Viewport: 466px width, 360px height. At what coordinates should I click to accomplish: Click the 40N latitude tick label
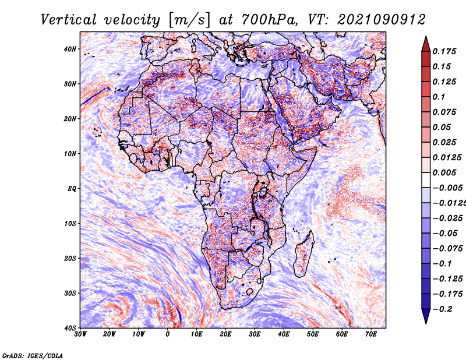[x=70, y=49]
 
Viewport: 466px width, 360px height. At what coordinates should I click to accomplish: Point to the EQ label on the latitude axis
[x=72, y=189]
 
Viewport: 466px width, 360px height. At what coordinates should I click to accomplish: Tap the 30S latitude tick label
[x=70, y=293]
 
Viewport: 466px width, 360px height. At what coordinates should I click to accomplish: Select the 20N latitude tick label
[x=70, y=119]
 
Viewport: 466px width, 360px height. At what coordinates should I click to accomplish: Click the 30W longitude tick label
[x=80, y=334]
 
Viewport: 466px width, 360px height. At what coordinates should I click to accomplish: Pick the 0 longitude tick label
[x=168, y=334]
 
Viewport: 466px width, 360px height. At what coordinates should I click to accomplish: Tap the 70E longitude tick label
[x=371, y=334]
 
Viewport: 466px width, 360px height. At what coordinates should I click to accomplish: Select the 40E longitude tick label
[x=284, y=334]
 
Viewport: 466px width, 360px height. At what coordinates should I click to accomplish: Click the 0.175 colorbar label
[x=444, y=51]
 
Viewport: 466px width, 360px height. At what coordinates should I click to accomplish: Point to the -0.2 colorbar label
[x=443, y=309]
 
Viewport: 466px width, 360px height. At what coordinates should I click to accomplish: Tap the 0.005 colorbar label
[x=444, y=172]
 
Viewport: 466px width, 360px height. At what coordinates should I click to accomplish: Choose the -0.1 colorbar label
[x=443, y=264]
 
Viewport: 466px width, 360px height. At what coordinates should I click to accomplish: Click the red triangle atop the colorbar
[x=426, y=45]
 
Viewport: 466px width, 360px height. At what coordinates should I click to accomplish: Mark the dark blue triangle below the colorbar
[x=426, y=316]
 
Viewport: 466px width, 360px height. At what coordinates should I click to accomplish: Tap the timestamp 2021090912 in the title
[x=382, y=20]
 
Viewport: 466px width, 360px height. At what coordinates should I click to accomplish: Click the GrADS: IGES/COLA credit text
[x=33, y=355]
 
